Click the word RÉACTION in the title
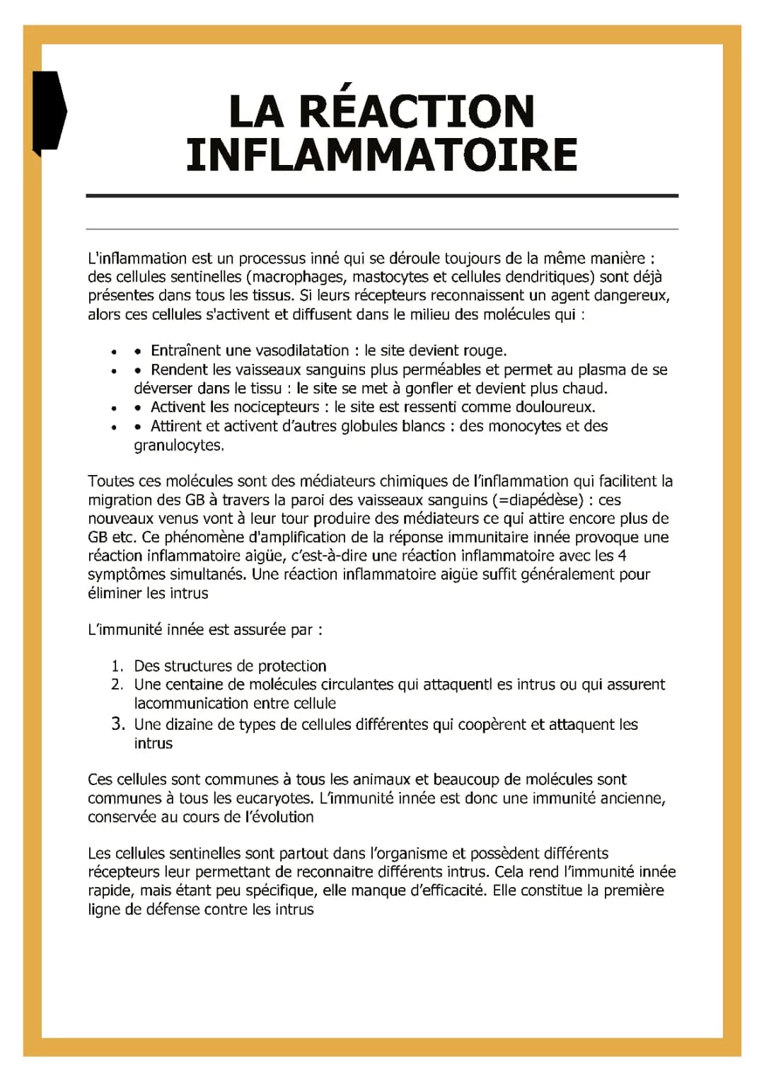[417, 112]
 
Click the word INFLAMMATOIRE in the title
[382, 155]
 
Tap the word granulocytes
[179, 445]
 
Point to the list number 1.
[117, 666]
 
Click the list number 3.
[117, 724]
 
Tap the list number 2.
[117, 685]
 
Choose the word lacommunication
[190, 704]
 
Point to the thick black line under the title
[382, 195]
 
